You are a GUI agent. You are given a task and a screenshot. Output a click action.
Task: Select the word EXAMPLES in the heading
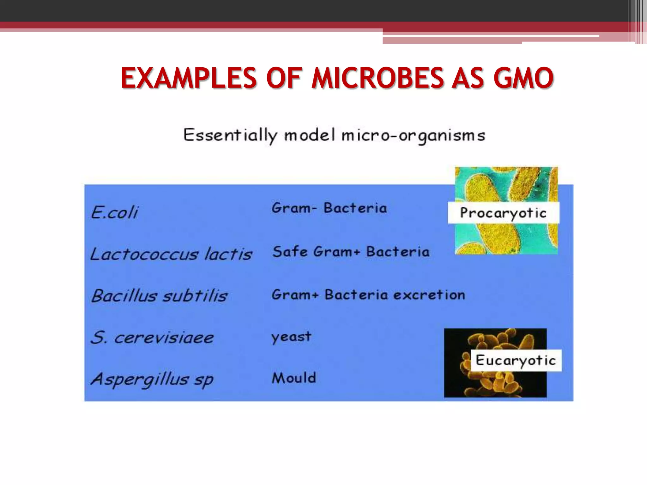coord(189,78)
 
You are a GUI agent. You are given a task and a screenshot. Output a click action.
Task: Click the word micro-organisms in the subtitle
coord(413,136)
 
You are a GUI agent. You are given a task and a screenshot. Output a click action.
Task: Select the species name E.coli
coord(115,212)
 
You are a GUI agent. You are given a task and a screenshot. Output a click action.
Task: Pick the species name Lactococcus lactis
coord(171,254)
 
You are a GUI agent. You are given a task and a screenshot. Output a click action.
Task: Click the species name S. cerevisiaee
coord(152,338)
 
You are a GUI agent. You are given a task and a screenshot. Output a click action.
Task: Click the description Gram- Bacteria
coord(329,208)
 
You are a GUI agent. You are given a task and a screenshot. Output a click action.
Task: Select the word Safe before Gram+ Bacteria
coord(290,252)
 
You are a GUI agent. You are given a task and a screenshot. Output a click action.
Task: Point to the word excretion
coord(430,295)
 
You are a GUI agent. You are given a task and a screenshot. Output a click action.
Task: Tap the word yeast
coord(291,337)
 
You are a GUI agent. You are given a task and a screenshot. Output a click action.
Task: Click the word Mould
coord(294,378)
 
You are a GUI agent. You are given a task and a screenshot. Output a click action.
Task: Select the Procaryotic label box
coord(503,213)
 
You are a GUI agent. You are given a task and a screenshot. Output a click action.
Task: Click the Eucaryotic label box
coord(516,360)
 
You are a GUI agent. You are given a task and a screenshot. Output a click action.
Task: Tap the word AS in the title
coord(468,78)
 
